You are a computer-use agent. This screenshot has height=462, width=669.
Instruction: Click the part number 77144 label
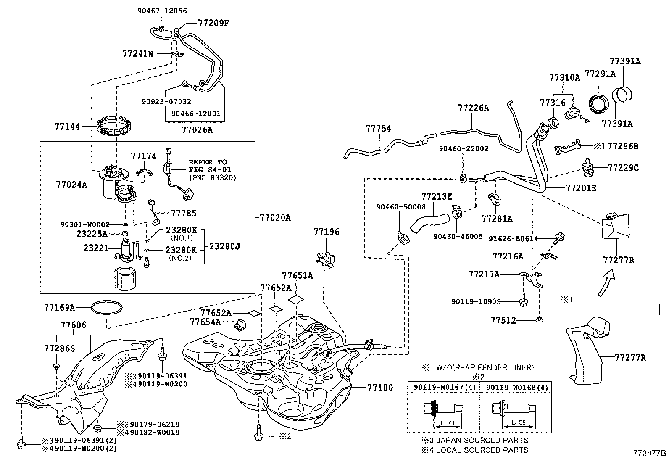(x=67, y=126)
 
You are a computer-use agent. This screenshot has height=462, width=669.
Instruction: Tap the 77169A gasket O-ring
(x=107, y=308)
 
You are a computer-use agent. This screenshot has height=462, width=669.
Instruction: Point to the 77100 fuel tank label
(x=380, y=387)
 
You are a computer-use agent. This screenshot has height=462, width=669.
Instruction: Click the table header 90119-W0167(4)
(x=443, y=387)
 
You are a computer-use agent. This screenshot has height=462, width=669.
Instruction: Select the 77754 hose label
(x=378, y=128)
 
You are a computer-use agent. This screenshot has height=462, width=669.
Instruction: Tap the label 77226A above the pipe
(x=474, y=108)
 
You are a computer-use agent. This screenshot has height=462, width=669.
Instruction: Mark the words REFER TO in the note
(x=208, y=162)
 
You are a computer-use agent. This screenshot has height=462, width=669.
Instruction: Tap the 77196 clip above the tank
(x=326, y=259)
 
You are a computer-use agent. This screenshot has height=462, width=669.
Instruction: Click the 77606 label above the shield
(x=74, y=325)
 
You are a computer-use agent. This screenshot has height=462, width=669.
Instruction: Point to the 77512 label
(x=503, y=320)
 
